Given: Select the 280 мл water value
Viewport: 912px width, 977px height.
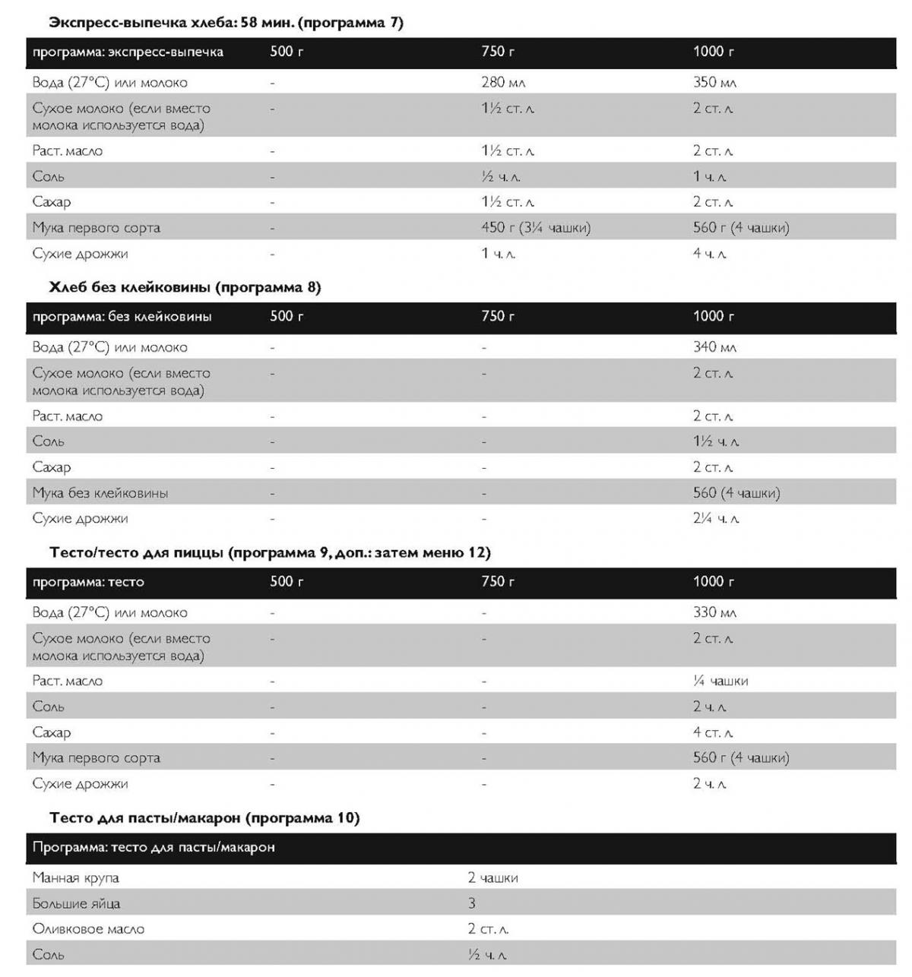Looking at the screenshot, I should [503, 82].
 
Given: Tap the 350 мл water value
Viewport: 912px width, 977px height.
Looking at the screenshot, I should [714, 82].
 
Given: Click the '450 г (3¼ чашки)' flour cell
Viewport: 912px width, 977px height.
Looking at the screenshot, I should [535, 227].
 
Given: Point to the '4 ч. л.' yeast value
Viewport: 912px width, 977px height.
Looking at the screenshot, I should [709, 253].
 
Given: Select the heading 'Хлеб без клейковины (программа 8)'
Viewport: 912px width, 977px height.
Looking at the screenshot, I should [185, 287].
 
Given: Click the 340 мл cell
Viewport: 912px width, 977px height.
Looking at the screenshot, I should [714, 347].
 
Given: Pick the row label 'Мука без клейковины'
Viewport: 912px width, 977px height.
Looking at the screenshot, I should [100, 493].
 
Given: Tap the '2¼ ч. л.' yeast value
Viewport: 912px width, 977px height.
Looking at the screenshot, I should [716, 519].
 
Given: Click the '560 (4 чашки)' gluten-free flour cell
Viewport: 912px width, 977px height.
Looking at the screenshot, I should [736, 493].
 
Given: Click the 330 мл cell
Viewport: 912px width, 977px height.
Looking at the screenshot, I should [714, 612].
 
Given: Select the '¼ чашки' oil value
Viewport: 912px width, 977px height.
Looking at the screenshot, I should [720, 681].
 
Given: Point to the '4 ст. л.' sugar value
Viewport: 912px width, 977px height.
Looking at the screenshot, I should [712, 732].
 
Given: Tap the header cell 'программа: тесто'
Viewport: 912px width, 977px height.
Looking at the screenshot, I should [88, 582].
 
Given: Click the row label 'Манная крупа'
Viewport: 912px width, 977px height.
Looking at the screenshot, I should [76, 877].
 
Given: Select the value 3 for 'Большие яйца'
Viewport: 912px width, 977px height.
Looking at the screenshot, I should [472, 903].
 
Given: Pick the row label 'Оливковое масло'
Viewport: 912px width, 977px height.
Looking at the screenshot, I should [88, 928].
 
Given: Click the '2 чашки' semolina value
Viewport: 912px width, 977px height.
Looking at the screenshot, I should [492, 877].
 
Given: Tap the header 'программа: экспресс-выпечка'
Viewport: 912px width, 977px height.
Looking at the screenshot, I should [128, 52].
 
